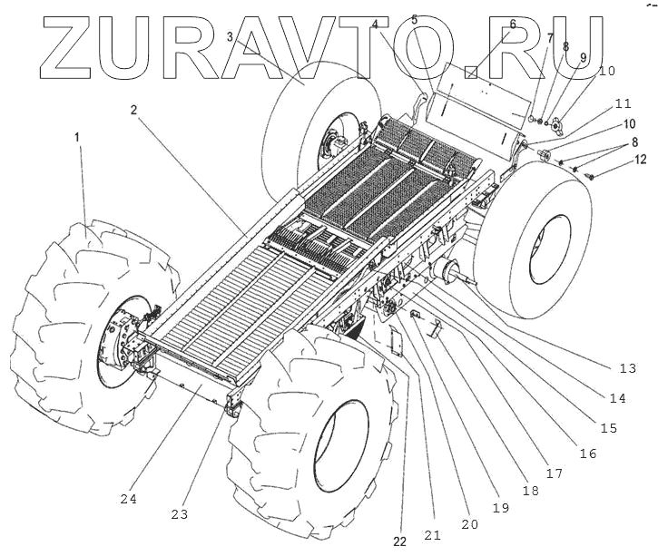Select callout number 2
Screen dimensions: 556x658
pyautogui.click(x=133, y=110)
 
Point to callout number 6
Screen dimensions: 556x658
pyautogui.click(x=512, y=24)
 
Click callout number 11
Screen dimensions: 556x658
pyautogui.click(x=623, y=103)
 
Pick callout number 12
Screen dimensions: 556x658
pyautogui.click(x=641, y=160)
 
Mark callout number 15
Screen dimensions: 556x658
pyautogui.click(x=607, y=428)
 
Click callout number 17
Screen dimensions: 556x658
pyautogui.click(x=554, y=473)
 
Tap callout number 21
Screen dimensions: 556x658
pyautogui.click(x=432, y=536)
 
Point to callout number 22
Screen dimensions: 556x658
pyautogui.click(x=400, y=541)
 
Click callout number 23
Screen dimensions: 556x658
pyautogui.click(x=180, y=514)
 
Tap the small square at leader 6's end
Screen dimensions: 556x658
pyautogui.click(x=471, y=70)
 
